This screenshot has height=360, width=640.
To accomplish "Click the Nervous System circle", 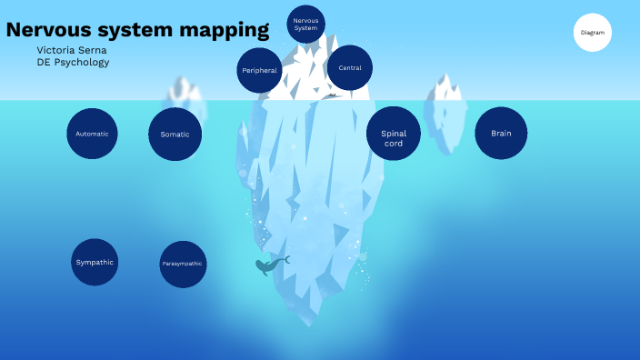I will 305,24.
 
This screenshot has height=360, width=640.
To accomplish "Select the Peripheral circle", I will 259,70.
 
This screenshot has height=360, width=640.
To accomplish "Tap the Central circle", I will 349,68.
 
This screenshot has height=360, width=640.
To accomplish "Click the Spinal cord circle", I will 394,138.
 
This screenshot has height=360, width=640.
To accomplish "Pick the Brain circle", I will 501,134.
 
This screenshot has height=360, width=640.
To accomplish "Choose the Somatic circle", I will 175,135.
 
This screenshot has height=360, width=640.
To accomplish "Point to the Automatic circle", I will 92,134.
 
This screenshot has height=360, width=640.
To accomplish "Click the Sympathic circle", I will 95,262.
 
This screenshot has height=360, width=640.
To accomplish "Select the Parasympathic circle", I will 183,264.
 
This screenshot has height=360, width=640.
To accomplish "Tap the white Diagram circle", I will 593,33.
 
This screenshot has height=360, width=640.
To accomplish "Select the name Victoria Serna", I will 73,50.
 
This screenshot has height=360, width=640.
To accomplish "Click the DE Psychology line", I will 73,63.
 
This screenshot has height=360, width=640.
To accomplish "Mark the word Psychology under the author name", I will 82,63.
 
